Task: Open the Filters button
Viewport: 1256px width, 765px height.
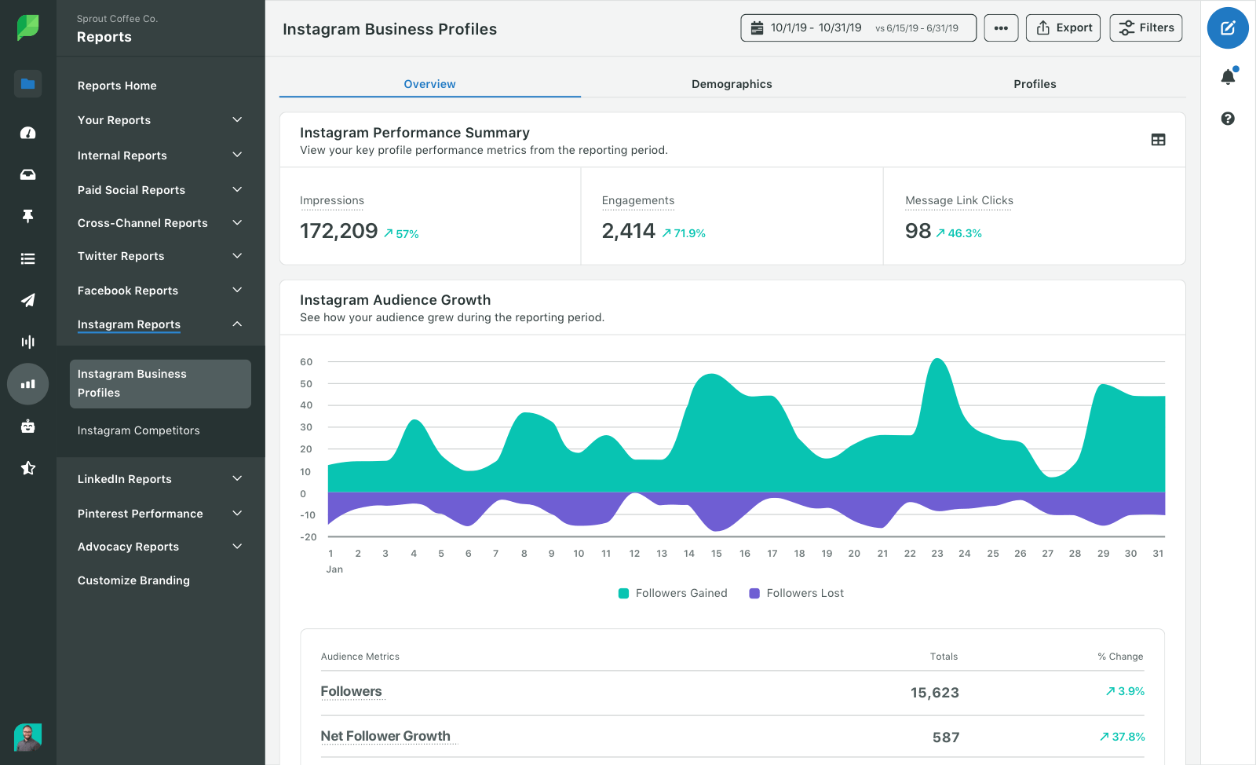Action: click(x=1145, y=28)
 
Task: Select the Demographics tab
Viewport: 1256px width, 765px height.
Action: click(x=731, y=84)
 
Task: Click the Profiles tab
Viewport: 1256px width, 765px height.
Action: click(x=1034, y=84)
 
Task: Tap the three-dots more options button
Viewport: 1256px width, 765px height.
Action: click(x=1001, y=28)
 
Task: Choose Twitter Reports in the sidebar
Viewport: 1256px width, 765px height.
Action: click(x=121, y=256)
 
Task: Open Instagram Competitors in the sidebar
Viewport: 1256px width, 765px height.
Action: click(x=138, y=430)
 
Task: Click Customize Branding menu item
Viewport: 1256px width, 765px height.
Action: click(x=133, y=580)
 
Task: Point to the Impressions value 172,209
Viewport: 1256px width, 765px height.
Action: click(x=339, y=231)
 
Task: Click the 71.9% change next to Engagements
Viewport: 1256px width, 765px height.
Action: click(x=684, y=233)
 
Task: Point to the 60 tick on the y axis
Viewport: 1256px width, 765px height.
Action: click(x=306, y=362)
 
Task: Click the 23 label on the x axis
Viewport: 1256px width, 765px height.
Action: click(x=937, y=554)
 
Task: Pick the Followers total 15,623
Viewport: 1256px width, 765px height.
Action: click(x=934, y=693)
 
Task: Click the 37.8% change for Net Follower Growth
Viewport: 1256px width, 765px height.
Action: click(x=1123, y=737)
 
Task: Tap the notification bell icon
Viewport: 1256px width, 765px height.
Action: click(x=1228, y=76)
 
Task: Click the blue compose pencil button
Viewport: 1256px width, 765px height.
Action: click(x=1228, y=28)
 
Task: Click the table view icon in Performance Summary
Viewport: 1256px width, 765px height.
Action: click(x=1158, y=140)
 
